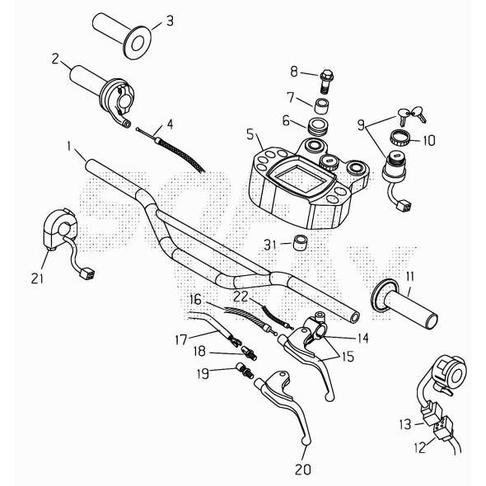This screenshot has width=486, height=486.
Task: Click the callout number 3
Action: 169,21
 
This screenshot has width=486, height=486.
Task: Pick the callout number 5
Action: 250,133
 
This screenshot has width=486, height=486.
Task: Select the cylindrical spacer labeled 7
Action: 324,105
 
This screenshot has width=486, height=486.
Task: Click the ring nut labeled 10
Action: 400,138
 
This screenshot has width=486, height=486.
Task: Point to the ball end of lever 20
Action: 306,442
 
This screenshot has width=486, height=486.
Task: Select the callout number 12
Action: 419,448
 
